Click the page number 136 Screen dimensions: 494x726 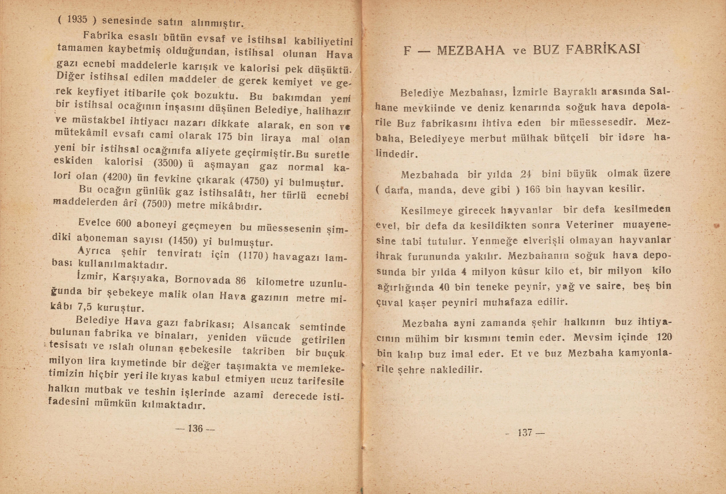(195, 428)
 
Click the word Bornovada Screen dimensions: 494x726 (202, 279)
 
